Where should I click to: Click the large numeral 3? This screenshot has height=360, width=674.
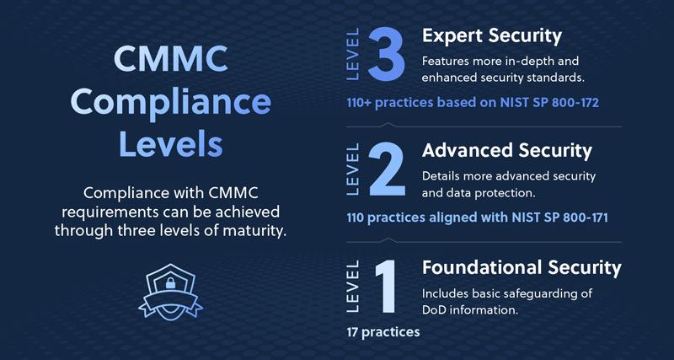[x=387, y=54]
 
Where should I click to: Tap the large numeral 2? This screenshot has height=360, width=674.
[x=387, y=169]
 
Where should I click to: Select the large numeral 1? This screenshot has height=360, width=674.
[x=385, y=287]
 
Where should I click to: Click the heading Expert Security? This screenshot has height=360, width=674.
[x=492, y=36]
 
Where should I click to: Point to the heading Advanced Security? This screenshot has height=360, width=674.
[x=507, y=151]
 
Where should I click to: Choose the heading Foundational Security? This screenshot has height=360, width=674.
[x=522, y=267]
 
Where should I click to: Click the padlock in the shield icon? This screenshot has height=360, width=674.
[x=171, y=284]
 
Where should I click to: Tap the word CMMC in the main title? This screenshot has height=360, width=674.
[x=171, y=60]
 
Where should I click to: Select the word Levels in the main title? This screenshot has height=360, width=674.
[x=171, y=145]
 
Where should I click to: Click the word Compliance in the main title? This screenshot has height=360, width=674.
[x=171, y=103]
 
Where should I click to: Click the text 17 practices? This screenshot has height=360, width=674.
[x=383, y=332]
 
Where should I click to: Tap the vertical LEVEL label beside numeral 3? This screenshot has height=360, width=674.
[x=352, y=54]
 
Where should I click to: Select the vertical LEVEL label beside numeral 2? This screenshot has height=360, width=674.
[x=352, y=169]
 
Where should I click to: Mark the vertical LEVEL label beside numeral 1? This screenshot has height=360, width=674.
[x=352, y=287]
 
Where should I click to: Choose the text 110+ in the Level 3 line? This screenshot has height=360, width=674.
[x=360, y=103]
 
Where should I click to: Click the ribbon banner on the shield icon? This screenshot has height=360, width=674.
[x=171, y=302]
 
